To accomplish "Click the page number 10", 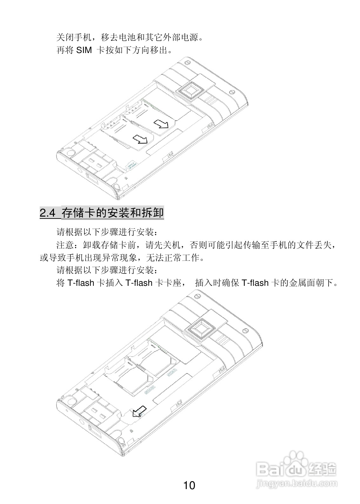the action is coord(189,485).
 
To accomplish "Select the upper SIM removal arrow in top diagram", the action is coord(161,124).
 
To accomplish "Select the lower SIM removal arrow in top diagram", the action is coord(140,139).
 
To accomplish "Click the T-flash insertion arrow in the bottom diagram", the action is coord(139,411).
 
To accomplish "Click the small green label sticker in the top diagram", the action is coord(131,165).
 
